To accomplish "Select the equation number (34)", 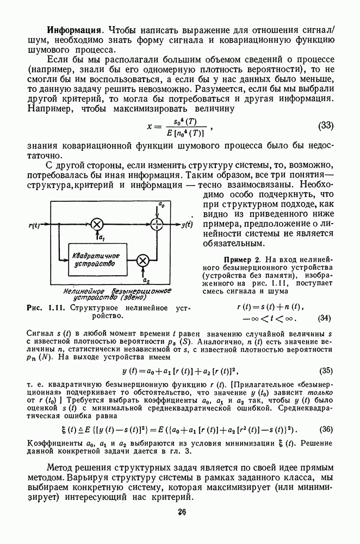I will click(325, 318).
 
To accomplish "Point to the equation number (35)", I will click(325, 372).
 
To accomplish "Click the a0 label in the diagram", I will click(161, 205).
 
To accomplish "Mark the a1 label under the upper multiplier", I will click(100, 239).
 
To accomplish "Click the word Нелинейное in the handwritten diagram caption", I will click(80, 290).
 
